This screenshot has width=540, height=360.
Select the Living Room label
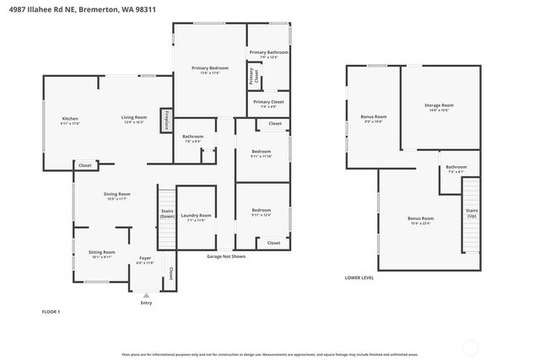click(133, 117)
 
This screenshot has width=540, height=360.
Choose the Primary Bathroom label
click(268, 52)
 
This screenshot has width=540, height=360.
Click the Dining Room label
click(117, 194)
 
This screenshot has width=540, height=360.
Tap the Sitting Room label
click(103, 252)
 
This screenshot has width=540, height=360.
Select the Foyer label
click(145, 259)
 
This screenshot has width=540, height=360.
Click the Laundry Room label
click(196, 215)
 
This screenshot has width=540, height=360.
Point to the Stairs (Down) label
click(167, 213)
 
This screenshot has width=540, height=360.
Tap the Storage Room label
click(439, 105)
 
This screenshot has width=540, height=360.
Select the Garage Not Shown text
click(226, 256)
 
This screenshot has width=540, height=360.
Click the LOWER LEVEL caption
click(359, 277)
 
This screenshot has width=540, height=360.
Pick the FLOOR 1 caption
click(51, 312)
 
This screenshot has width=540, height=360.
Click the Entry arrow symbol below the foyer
click(146, 295)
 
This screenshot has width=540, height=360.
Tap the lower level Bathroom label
click(456, 167)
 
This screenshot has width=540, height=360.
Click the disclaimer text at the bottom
click(270, 354)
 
